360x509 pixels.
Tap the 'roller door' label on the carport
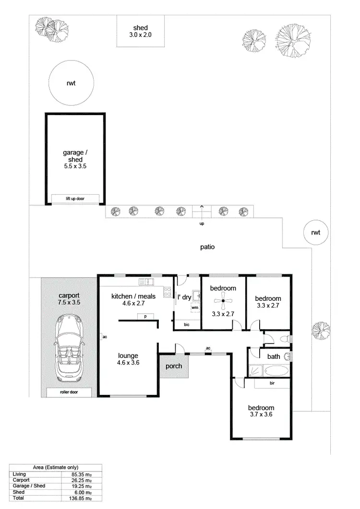(x=69, y=392)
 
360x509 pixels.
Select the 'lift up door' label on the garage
(x=75, y=199)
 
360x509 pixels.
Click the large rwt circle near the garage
(x=71, y=83)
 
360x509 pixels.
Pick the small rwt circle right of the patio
(x=315, y=233)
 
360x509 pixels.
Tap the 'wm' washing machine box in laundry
(x=194, y=308)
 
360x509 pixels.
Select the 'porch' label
(x=173, y=366)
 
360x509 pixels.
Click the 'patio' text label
(x=207, y=248)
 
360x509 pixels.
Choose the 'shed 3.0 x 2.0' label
(x=140, y=31)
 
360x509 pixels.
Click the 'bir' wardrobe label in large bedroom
(x=272, y=384)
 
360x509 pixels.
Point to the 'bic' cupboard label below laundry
(x=186, y=325)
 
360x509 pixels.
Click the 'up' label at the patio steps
(x=202, y=224)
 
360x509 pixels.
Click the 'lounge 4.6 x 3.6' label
(x=128, y=359)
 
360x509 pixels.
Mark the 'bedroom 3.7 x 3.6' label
(x=261, y=411)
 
